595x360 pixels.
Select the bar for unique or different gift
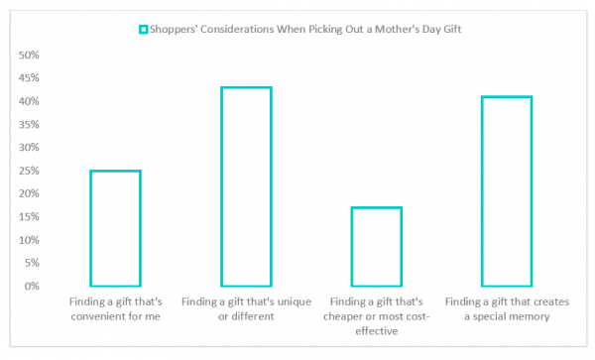tap(246, 186)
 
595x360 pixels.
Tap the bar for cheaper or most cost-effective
tap(375, 247)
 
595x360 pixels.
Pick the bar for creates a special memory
tap(507, 191)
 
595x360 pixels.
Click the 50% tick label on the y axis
tap(30, 55)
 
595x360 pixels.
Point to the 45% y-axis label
tap(30, 77)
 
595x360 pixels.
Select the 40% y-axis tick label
tap(30, 101)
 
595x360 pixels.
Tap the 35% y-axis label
tap(30, 124)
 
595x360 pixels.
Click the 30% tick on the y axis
tap(30, 148)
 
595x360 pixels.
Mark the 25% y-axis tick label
tap(30, 171)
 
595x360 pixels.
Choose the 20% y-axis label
tap(30, 193)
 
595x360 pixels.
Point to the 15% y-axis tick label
tap(30, 217)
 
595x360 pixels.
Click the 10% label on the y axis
tap(30, 240)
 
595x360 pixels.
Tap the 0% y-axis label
tap(33, 287)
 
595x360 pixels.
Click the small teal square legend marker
tap(143, 29)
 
